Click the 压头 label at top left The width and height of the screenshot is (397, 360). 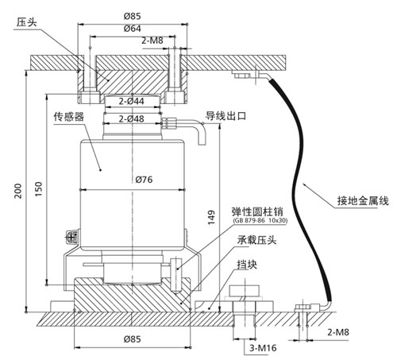click(26, 22)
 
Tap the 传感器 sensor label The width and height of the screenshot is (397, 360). click(69, 117)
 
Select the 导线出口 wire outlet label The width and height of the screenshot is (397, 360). click(226, 116)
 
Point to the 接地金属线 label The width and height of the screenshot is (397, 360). click(363, 201)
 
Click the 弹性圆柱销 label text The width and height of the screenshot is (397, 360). click(257, 211)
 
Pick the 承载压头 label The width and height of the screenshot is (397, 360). click(256, 240)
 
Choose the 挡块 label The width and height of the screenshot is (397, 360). click(247, 265)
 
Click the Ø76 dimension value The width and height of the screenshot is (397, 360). click(144, 180)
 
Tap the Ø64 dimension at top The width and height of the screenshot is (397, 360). click(133, 29)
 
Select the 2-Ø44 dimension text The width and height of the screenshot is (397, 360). click(131, 101)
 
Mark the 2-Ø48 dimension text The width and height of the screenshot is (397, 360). click(131, 119)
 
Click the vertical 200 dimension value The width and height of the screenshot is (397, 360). click(18, 191)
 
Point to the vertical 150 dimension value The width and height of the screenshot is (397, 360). click(39, 189)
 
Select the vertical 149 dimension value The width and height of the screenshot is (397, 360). click(211, 218)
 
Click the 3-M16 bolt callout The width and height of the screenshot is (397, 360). click(263, 348)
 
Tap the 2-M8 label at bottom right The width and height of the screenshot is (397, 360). click(338, 332)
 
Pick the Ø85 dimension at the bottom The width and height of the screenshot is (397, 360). click(133, 339)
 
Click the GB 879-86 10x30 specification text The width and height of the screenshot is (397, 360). click(260, 220)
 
